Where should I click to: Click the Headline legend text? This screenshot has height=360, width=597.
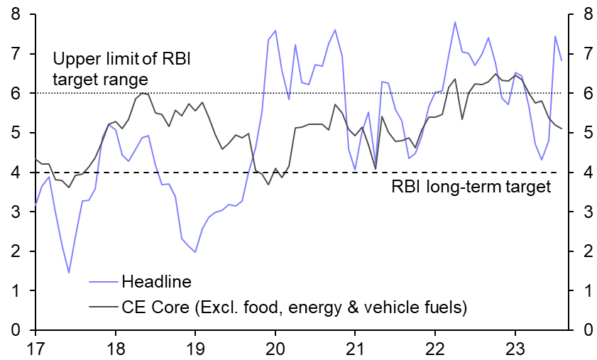click(156, 281)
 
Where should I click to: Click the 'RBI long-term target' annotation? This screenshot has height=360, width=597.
click(471, 187)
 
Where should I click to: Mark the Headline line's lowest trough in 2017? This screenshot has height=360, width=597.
click(69, 273)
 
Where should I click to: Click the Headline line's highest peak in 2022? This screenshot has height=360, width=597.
click(454, 22)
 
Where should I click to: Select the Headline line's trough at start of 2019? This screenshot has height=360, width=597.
click(195, 252)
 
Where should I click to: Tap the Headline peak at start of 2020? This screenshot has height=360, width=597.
click(275, 31)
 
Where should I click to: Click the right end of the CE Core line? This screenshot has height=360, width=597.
click(562, 129)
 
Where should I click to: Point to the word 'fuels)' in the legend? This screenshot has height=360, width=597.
click(447, 307)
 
